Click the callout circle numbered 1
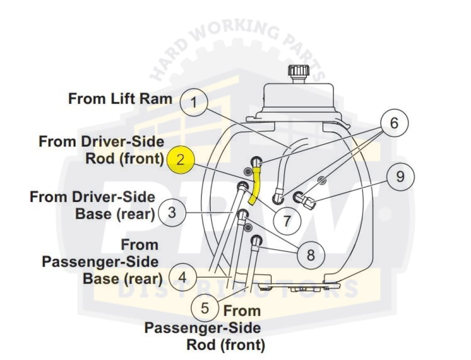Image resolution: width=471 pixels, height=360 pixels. tap(194, 102)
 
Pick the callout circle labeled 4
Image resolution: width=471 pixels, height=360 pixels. tap(183, 277)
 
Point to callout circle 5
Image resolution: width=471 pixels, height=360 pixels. tap(205, 308)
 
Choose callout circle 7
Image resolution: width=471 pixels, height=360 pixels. tap(287, 221)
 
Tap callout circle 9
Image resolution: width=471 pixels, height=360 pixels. tap(400, 176)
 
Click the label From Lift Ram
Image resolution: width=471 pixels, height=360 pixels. tap(120, 99)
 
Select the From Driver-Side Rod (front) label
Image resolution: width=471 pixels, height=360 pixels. tap(102, 150)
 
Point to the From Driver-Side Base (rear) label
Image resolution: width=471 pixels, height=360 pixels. tap(92, 205)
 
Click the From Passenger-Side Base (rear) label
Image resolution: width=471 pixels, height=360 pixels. tap(101, 261)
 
